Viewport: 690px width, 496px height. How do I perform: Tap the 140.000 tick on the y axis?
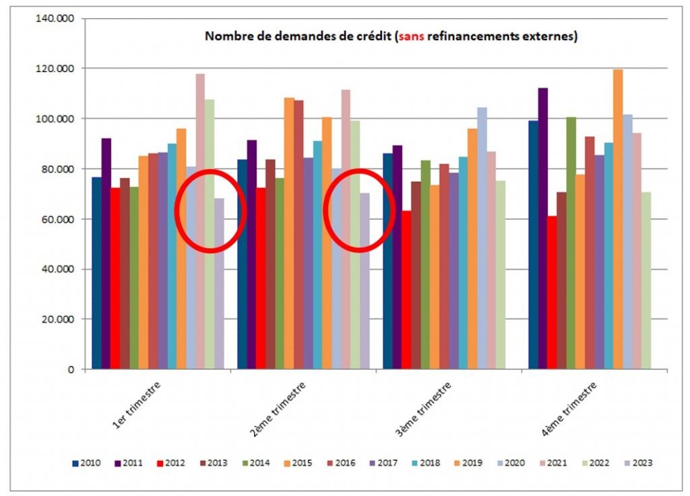click(56, 18)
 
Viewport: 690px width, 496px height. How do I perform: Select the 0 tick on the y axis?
click(70, 369)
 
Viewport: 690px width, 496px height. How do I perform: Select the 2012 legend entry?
click(171, 463)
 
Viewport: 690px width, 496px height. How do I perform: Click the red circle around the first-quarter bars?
click(210, 211)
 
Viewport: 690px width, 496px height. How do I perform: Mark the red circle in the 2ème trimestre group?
click(359, 211)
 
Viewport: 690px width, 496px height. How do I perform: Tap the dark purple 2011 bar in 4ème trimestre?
click(542, 228)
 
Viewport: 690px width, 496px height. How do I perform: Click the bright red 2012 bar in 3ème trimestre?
click(406, 290)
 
